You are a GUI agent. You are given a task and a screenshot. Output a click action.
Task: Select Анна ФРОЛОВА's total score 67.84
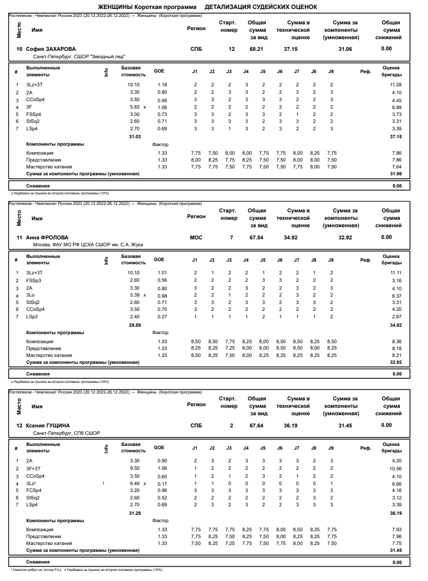257,237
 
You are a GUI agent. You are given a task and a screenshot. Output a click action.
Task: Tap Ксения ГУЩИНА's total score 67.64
257,425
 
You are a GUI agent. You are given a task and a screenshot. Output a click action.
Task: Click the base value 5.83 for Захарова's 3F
129,106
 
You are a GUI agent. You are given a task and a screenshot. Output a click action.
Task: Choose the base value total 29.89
129,325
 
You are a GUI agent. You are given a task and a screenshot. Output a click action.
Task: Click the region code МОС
196,237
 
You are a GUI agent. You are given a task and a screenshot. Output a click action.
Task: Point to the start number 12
231,49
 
